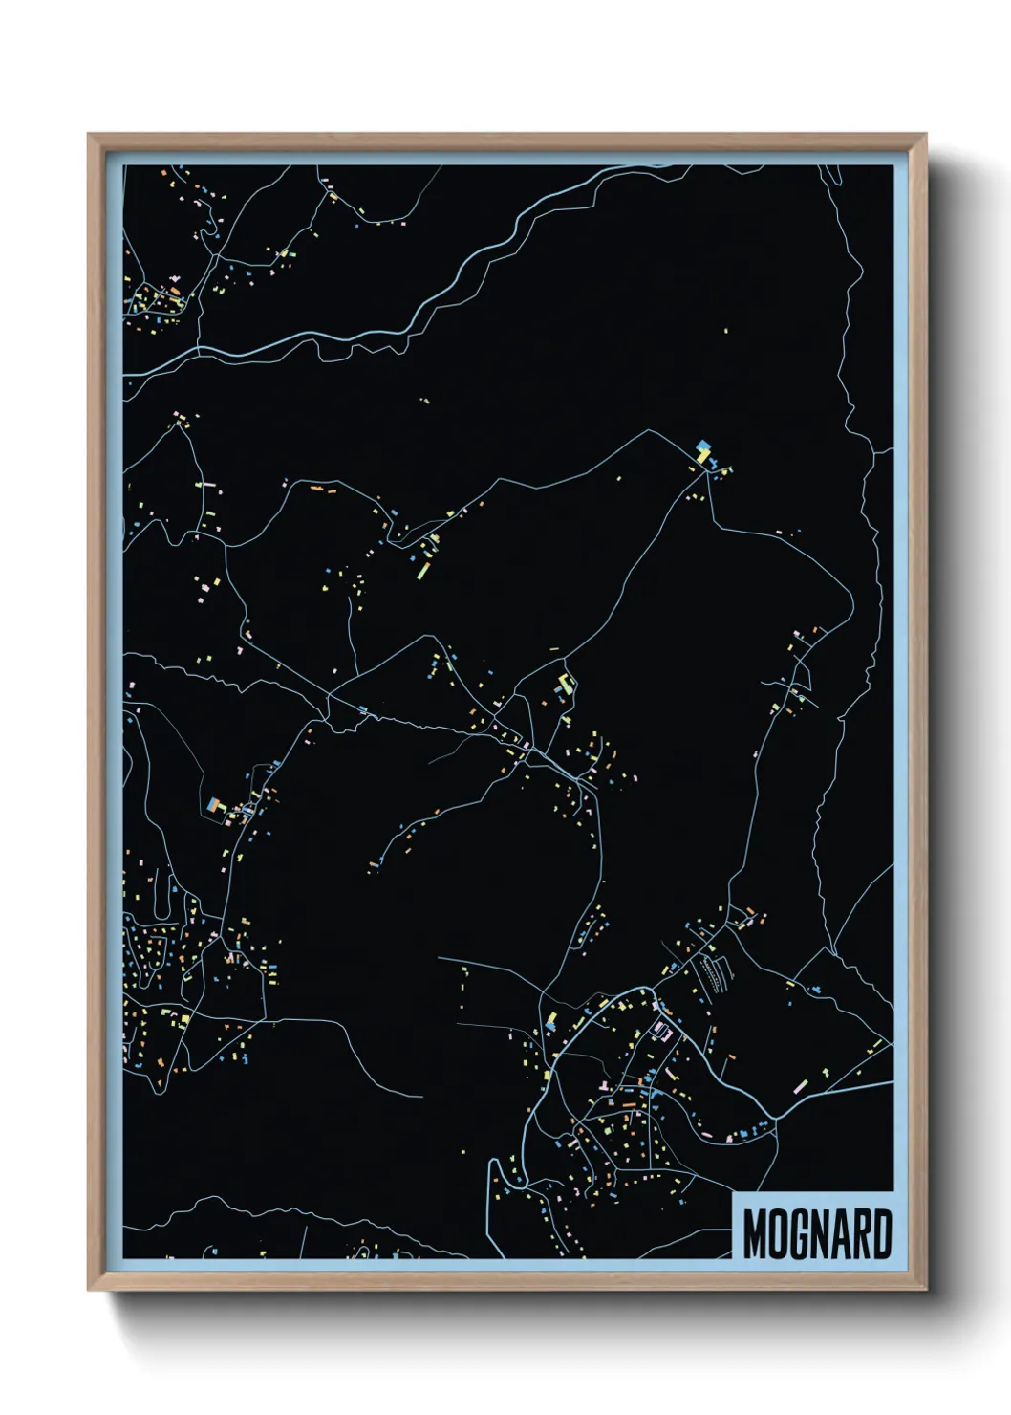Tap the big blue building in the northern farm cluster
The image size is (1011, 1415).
(703, 445)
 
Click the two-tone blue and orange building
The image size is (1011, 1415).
(214, 805)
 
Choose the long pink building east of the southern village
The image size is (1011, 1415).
(800, 1086)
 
